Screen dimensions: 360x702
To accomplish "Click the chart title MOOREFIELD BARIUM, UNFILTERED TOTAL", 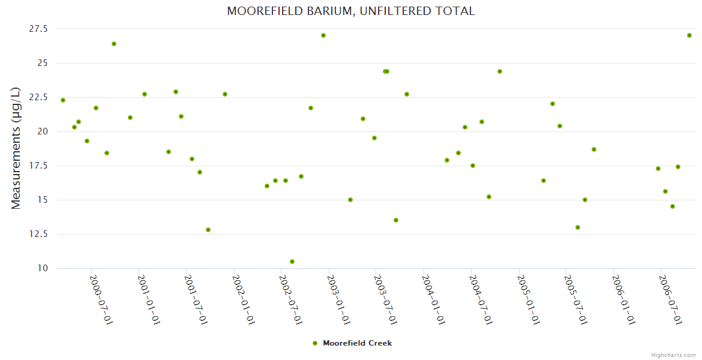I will point(350,11).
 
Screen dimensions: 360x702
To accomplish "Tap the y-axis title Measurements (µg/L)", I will point(16,148).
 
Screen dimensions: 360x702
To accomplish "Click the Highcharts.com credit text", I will point(673,355).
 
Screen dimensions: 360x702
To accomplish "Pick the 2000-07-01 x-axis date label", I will point(101,299).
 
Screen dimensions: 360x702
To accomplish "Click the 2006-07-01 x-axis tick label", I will point(670,299).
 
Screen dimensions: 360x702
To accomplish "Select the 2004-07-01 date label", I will point(481,299).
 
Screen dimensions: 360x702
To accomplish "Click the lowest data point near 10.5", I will point(292,262).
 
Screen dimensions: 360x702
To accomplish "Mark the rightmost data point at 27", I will point(689,35).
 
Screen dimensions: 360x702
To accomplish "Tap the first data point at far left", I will point(63,100).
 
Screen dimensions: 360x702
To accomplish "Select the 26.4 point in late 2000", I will point(114,44).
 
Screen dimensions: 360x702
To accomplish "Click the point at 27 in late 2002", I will point(323,35).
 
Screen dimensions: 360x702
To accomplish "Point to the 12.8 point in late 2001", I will point(208,230).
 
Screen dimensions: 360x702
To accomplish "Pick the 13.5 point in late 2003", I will point(396,220).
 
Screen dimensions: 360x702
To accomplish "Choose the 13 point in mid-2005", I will point(578,227).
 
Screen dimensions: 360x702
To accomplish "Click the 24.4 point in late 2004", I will point(500,71).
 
